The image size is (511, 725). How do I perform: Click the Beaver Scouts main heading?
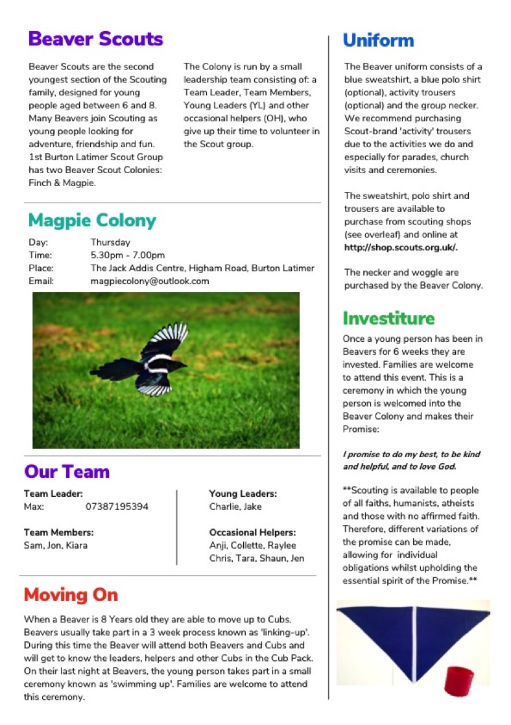click(95, 39)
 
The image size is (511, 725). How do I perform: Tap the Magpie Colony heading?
click(92, 220)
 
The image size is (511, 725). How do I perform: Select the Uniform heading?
click(378, 40)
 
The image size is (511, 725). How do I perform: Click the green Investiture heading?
click(388, 318)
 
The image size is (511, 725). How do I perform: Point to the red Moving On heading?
click(71, 595)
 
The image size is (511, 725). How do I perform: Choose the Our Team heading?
click(67, 471)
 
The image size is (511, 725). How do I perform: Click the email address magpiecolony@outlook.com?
click(149, 281)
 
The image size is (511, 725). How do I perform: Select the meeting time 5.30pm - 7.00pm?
click(128, 255)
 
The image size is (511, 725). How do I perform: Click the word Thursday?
click(110, 243)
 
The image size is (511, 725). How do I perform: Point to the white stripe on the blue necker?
click(413, 639)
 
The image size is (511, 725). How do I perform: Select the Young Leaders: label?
click(243, 493)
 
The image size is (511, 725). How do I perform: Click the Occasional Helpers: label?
click(252, 532)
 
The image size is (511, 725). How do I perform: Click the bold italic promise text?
click(411, 460)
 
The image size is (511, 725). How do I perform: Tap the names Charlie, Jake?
click(235, 506)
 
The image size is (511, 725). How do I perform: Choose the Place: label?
click(41, 268)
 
